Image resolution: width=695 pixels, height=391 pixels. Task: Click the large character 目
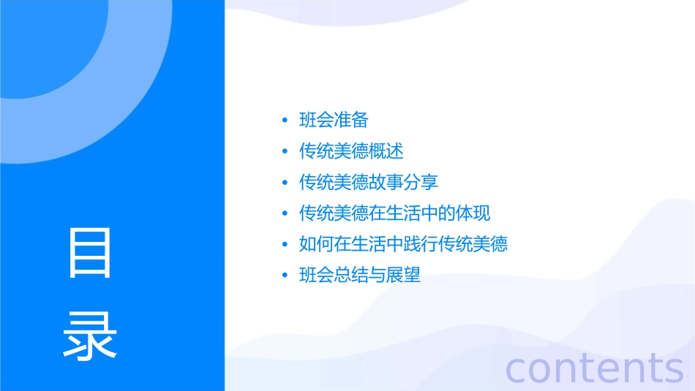click(x=90, y=253)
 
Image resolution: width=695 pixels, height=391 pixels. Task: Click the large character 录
click(x=90, y=335)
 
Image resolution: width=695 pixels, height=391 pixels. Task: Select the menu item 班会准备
click(x=334, y=120)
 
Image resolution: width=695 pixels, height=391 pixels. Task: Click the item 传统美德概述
click(x=351, y=151)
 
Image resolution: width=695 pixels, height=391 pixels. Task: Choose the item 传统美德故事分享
click(x=369, y=182)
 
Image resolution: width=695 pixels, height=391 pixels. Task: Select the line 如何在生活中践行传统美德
click(x=403, y=244)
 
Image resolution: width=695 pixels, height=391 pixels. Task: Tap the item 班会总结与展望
click(x=360, y=276)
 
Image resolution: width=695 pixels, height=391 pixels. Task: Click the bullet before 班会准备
click(x=285, y=121)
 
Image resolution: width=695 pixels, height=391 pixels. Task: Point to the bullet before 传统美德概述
click(x=285, y=152)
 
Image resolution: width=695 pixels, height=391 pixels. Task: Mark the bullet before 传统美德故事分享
click(x=285, y=183)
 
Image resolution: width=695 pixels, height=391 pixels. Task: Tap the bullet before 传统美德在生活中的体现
click(x=285, y=214)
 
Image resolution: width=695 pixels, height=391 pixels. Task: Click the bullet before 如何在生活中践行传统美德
click(x=285, y=245)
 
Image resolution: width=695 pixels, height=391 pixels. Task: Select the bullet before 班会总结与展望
click(x=285, y=276)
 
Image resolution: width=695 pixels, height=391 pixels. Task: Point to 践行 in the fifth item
click(x=421, y=244)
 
